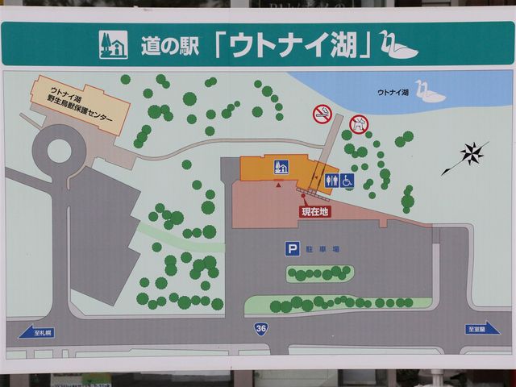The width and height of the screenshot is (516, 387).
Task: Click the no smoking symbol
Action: [322, 114]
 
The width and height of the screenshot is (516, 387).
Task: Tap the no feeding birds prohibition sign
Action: [359, 124]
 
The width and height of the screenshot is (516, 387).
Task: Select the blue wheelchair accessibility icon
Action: [347, 181]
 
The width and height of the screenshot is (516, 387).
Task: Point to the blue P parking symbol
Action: [292, 250]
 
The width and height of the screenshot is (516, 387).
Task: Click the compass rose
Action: [472, 153]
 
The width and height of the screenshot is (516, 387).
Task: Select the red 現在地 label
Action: [314, 211]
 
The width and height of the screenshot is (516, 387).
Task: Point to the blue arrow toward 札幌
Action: [37, 331]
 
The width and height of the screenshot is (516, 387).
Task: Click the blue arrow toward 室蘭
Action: [482, 328]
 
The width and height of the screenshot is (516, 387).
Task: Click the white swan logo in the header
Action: [398, 45]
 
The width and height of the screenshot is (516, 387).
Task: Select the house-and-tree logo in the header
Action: [113, 45]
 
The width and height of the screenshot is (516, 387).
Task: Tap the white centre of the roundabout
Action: [59, 150]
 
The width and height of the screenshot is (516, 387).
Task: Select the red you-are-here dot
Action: [303, 195]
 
